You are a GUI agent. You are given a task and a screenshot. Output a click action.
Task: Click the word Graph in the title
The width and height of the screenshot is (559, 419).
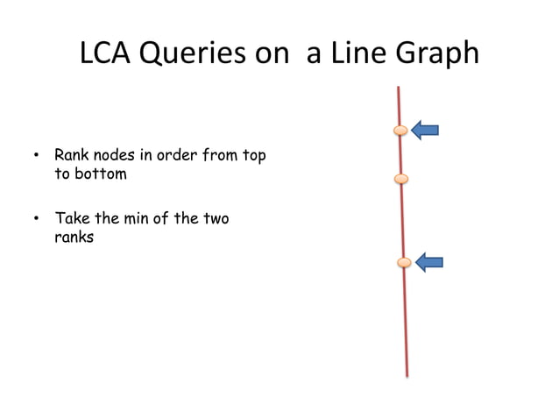434,53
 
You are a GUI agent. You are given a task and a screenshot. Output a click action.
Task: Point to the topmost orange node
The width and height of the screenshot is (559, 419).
400,131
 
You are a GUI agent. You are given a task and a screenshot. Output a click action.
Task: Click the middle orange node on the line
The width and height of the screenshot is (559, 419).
401,180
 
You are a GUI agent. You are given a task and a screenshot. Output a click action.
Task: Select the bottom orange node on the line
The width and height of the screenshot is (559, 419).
404,262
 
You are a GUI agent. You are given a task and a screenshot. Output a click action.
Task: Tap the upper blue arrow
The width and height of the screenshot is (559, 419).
425,131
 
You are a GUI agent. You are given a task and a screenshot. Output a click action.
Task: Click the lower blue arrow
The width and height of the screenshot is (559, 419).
429,262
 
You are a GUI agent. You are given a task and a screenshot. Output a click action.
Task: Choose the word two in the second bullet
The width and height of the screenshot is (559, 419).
216,219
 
